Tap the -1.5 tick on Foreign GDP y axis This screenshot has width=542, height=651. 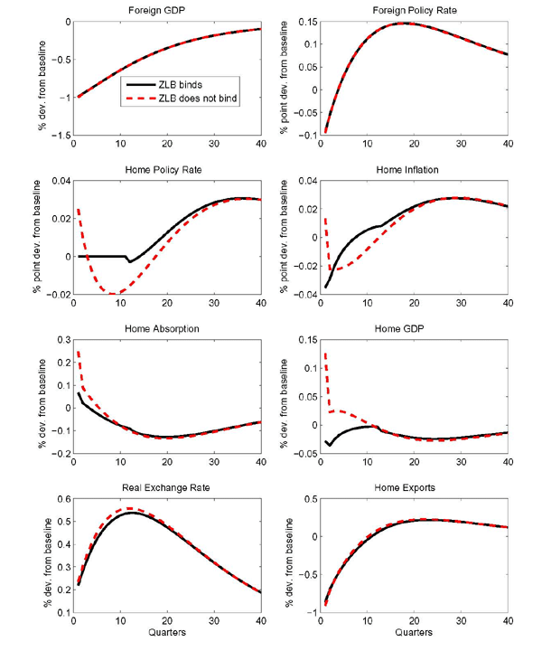point(58,134)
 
